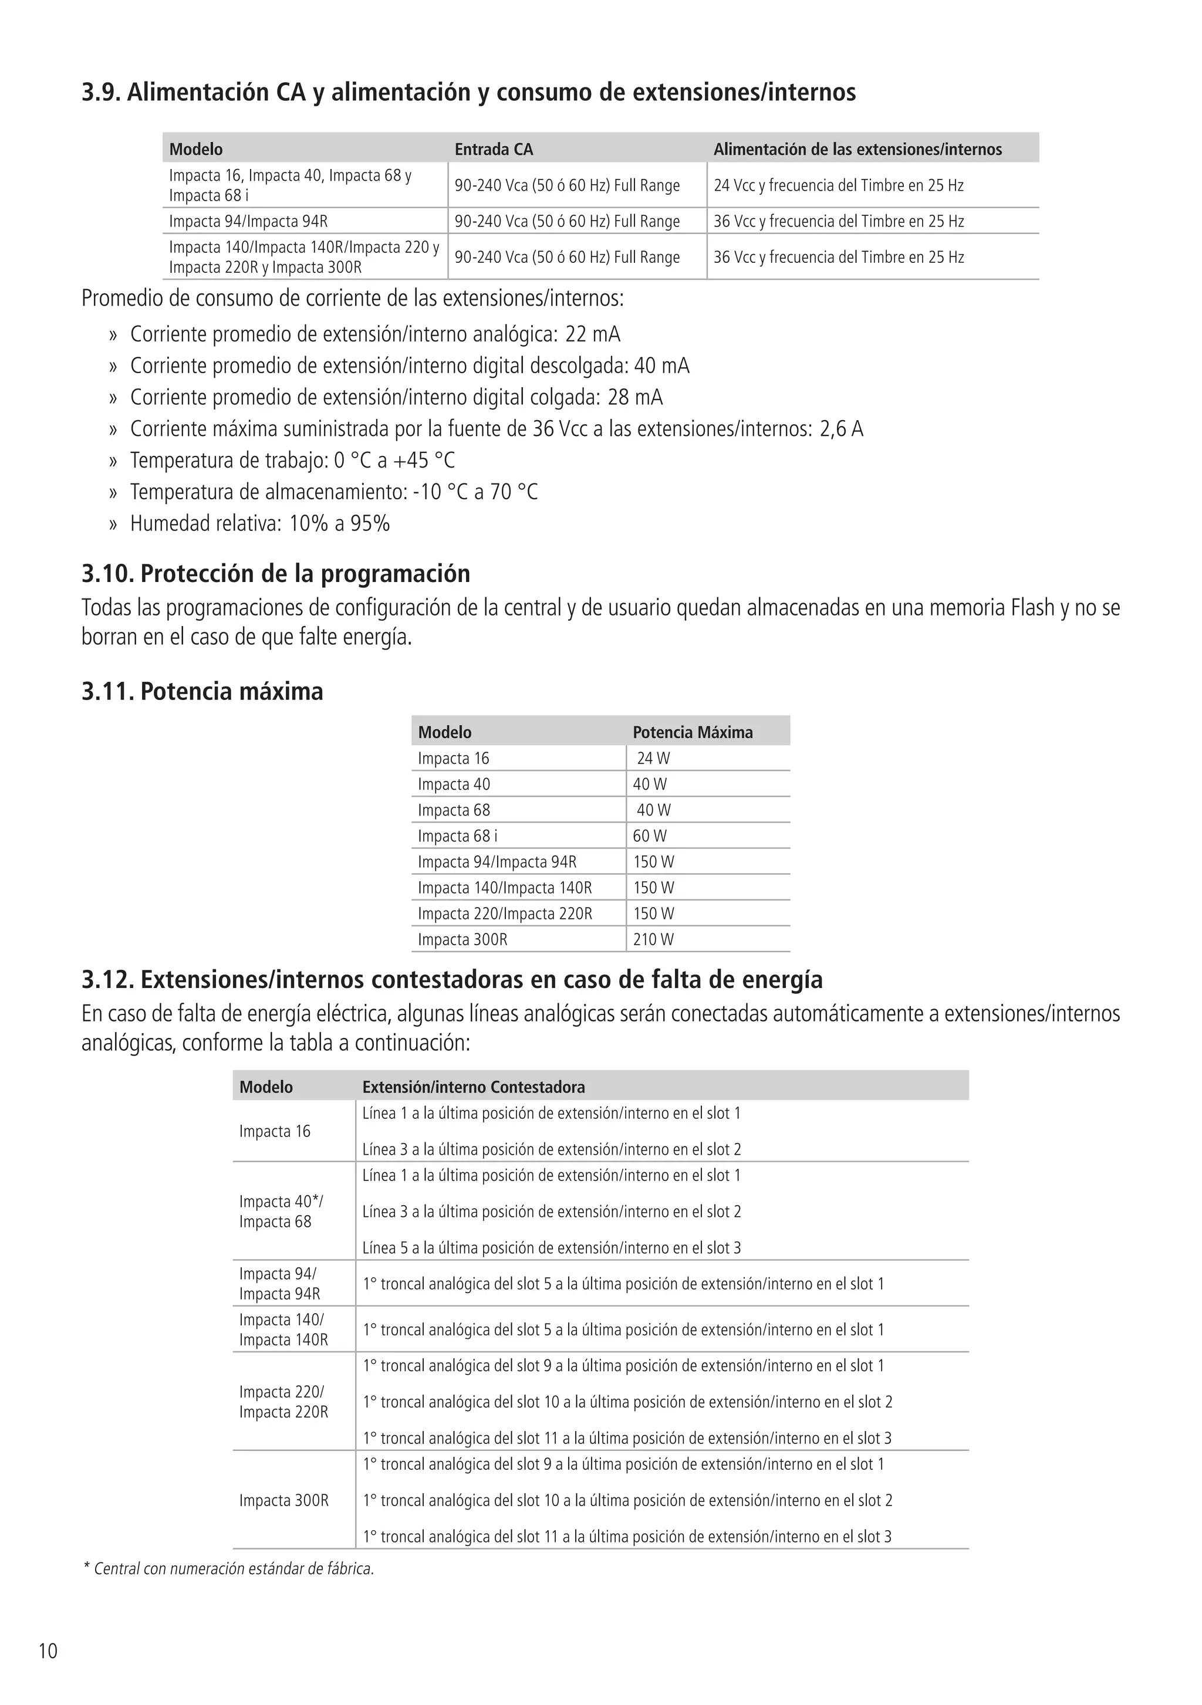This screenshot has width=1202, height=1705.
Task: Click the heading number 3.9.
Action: click(x=101, y=92)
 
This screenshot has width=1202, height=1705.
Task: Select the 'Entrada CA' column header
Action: click(x=493, y=149)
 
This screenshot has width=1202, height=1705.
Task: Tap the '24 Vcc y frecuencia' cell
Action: click(x=838, y=185)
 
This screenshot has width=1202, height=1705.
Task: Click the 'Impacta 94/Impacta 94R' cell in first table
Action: click(x=248, y=221)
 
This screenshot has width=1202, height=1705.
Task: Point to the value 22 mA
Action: click(x=592, y=334)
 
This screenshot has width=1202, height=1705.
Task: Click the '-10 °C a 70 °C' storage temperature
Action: click(x=475, y=492)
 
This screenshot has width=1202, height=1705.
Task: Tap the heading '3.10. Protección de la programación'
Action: click(x=276, y=573)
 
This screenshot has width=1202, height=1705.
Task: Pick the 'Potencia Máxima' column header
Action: click(x=693, y=732)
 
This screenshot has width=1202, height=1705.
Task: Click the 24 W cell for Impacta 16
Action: click(x=653, y=758)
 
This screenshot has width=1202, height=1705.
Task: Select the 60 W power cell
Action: click(x=649, y=835)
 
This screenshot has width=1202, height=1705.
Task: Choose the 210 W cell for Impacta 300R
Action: click(x=653, y=939)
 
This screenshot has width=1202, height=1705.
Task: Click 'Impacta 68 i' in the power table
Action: click(x=458, y=835)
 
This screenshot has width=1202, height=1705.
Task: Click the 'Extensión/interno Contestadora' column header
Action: click(x=473, y=1087)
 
